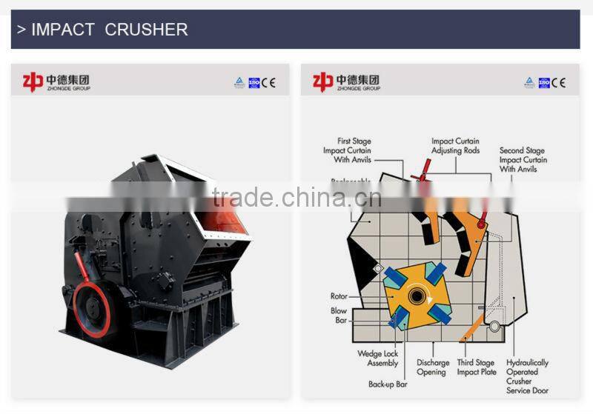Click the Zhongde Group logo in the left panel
tap(56, 81)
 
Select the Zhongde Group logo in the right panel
tap(345, 81)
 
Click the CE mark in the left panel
tap(268, 83)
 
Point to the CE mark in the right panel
tap(558, 83)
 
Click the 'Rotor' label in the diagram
tap(339, 296)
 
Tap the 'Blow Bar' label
tap(339, 315)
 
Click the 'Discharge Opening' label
tap(433, 367)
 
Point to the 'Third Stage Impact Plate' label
tap(476, 367)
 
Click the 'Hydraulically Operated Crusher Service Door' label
tap(527, 376)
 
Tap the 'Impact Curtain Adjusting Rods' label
tap(455, 146)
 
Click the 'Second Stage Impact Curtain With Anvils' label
tap(523, 159)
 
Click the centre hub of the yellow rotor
tap(417, 297)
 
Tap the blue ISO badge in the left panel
tap(254, 83)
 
